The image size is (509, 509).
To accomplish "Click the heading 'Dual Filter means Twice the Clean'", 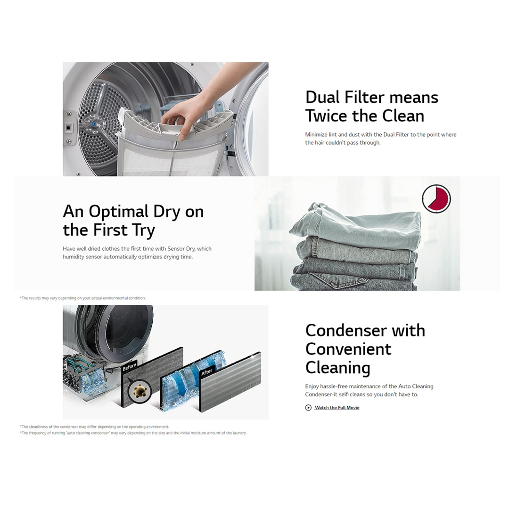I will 371,107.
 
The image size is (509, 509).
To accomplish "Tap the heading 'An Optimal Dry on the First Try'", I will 133,221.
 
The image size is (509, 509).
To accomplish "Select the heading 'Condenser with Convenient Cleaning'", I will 365,349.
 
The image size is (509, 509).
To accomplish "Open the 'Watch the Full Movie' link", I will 337,408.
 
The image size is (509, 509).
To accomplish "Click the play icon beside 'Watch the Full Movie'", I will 308,408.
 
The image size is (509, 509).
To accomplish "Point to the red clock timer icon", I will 436,198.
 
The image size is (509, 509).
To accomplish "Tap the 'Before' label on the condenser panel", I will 130,367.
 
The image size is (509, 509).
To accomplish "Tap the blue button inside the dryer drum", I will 94,123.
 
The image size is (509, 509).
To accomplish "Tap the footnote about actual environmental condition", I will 83,298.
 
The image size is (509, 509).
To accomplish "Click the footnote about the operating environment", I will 94,427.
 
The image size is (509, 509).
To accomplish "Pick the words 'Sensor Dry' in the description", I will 182,248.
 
